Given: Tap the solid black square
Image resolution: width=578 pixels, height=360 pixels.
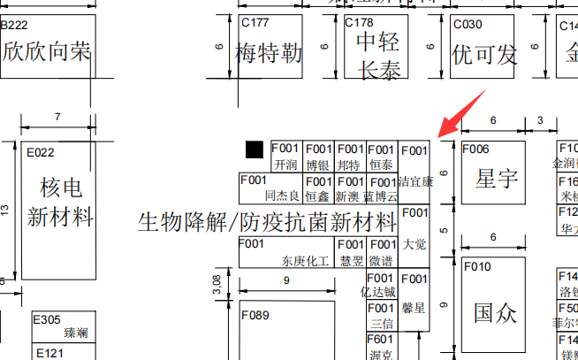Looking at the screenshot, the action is click(255, 149).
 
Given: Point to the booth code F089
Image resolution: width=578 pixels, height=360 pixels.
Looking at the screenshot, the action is click(255, 315).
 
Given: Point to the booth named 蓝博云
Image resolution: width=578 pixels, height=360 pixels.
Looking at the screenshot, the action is click(381, 195).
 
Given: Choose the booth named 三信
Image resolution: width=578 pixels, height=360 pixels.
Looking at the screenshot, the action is click(381, 323).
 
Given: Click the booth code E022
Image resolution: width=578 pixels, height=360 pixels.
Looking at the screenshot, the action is click(41, 152).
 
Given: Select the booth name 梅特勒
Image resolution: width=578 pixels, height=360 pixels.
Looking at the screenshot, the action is click(269, 54).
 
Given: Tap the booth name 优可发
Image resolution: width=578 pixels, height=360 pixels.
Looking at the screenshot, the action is click(483, 55).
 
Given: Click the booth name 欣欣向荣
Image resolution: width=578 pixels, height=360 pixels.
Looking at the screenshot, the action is click(46, 51).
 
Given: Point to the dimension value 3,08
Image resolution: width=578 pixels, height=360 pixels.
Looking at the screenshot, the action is click(217, 284).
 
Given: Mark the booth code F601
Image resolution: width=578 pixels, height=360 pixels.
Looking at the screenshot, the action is click(380, 339).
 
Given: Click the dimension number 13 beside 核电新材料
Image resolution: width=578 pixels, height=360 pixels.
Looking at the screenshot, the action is click(5, 211).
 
